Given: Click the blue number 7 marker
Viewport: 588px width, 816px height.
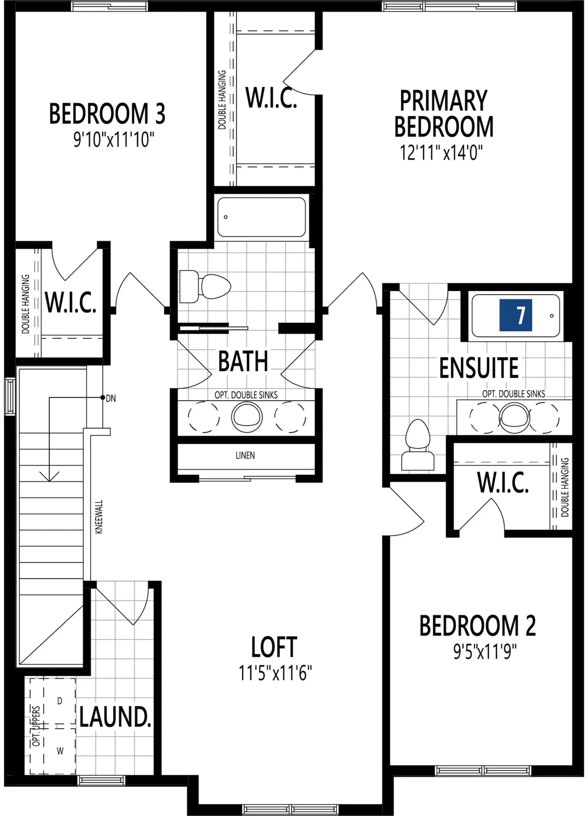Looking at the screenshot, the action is pos(516,315).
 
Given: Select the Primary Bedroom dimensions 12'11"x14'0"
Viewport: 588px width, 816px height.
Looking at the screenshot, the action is pos(441,152).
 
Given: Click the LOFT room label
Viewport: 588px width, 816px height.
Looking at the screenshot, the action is pos(274,647).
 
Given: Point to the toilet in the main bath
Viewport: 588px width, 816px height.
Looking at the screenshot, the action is pos(205,286).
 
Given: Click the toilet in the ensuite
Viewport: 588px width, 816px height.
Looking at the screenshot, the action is pos(417,445).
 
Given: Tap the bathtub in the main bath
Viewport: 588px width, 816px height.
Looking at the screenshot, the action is pos(261,217).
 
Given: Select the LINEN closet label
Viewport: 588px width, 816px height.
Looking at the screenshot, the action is pos(245,455).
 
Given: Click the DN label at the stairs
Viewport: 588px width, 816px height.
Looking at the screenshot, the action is pos(111,398).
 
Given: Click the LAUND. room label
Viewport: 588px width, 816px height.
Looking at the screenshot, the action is pos(115,717).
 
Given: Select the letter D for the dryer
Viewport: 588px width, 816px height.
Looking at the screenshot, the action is pos(60,701).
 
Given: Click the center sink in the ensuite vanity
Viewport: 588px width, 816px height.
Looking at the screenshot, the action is pos(514,418).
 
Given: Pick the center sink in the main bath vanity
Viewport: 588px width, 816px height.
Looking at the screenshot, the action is pos(247,417).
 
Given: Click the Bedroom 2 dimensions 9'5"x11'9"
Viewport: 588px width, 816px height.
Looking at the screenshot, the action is pos(485,652).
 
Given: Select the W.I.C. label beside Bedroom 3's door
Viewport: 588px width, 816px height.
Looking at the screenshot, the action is pos(71,302).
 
